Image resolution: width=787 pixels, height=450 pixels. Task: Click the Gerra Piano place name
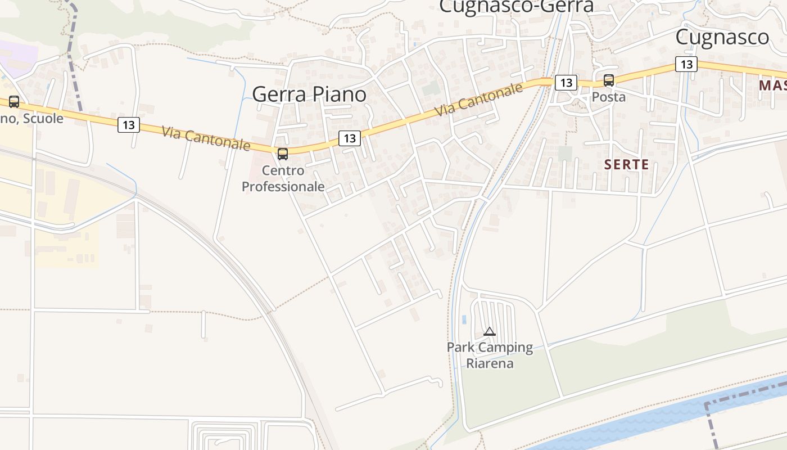coord(309,94)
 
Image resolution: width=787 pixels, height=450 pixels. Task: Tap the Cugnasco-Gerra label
coord(516,6)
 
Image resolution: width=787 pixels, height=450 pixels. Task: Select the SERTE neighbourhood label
coord(626,165)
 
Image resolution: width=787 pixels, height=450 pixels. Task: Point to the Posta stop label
coord(608,97)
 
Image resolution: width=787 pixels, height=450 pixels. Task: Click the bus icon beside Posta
coord(609,80)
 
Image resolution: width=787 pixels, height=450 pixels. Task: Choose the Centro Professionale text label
coord(283,178)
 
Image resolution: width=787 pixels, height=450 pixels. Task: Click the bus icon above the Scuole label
coord(14,102)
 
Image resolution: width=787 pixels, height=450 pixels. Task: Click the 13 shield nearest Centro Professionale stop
coord(350,138)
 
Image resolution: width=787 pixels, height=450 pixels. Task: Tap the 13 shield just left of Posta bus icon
coord(566,83)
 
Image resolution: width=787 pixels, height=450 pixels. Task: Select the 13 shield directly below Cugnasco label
coord(686,64)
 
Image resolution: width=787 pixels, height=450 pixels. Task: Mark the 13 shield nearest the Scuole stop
coord(129,125)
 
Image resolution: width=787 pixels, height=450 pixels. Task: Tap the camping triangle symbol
coord(490,331)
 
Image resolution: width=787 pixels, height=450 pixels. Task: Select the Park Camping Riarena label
coord(490,355)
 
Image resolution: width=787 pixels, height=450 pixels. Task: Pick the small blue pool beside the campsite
coord(464,319)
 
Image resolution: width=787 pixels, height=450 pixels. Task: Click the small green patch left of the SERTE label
coord(565,154)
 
